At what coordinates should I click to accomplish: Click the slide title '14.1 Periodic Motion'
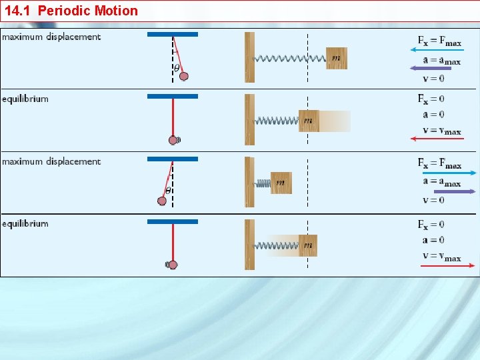click(x=71, y=11)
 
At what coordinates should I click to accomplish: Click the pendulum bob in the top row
click(x=184, y=76)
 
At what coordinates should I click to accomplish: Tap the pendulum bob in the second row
click(x=173, y=140)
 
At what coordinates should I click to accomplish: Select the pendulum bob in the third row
click(x=162, y=201)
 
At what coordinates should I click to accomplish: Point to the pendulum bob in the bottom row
click(x=173, y=265)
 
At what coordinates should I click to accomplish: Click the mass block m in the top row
click(x=336, y=58)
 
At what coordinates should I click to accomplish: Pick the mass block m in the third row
click(x=281, y=183)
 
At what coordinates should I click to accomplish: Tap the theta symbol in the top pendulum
click(x=177, y=67)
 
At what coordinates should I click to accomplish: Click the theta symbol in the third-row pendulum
click(x=168, y=190)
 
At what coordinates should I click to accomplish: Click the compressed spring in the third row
click(x=262, y=183)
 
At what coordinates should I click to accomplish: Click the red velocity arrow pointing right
click(x=447, y=265)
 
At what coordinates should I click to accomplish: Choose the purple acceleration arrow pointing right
click(x=443, y=191)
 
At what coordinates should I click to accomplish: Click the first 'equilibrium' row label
click(x=25, y=99)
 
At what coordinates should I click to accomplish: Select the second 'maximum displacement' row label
click(x=51, y=161)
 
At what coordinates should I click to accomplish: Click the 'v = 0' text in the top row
click(x=433, y=79)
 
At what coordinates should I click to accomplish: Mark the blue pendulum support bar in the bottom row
click(x=173, y=221)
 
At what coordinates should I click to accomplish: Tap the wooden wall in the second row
click(x=249, y=119)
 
